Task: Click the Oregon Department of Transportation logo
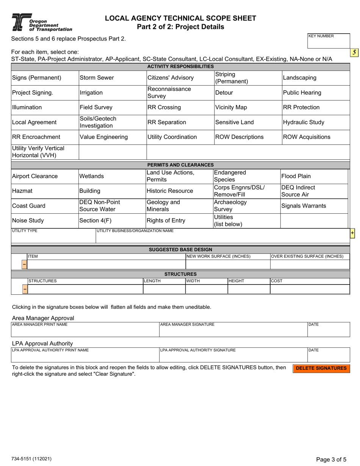[41, 22]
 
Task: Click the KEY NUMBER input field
[328, 41]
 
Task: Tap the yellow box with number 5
[354, 53]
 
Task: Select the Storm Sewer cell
[112, 78]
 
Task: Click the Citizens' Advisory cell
[180, 78]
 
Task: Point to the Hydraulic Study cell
[316, 122]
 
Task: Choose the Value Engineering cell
[112, 137]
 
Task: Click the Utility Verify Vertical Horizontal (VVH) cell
[45, 152]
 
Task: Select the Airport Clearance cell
[45, 176]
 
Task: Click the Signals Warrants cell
[314, 206]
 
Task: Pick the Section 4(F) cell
[112, 220]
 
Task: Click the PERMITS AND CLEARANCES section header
[180, 165]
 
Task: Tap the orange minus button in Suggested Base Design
[24, 264]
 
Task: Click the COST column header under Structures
[309, 281]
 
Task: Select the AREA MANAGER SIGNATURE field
[233, 330]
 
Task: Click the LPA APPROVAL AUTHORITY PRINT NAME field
[85, 355]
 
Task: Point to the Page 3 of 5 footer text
[331, 460]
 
